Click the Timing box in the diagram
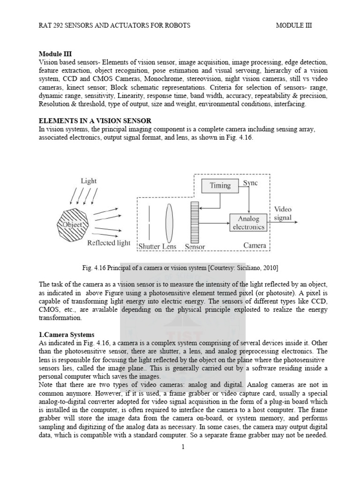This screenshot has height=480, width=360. (x=220, y=185)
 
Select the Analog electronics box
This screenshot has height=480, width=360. (x=248, y=223)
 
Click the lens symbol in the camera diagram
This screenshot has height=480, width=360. (x=169, y=220)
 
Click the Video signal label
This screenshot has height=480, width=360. (x=283, y=213)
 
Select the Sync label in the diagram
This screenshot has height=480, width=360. (x=250, y=183)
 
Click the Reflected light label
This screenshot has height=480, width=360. (x=108, y=243)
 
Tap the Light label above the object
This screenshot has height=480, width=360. (x=88, y=180)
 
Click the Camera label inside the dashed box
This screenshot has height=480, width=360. (x=255, y=245)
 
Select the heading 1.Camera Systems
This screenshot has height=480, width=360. (x=67, y=335)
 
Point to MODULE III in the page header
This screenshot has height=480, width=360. (x=294, y=25)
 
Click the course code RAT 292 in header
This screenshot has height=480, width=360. (x=53, y=25)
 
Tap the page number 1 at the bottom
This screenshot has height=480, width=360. (x=183, y=447)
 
